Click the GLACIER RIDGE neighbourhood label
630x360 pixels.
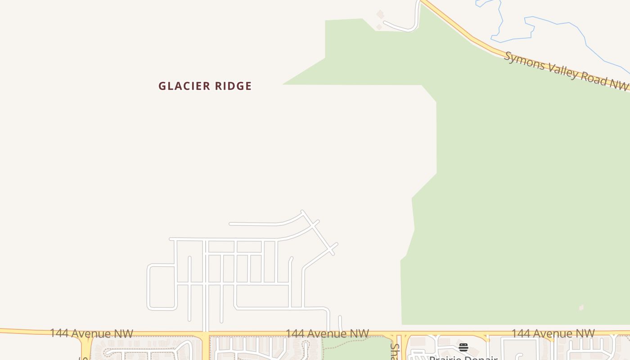[x=205, y=86]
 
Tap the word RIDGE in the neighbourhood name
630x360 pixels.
[x=233, y=86]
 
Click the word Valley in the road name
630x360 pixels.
[x=562, y=71]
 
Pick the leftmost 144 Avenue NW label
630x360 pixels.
[x=91, y=333]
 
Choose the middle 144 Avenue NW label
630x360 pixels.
[x=327, y=333]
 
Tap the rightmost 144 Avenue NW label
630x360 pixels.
[x=553, y=333]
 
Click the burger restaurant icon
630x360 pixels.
[x=463, y=347]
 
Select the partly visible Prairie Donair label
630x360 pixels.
[x=463, y=357]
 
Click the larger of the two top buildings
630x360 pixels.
[x=381, y=14]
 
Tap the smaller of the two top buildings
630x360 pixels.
[x=379, y=27]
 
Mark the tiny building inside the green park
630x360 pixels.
[x=581, y=308]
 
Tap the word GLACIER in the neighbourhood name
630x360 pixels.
[x=183, y=86]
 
